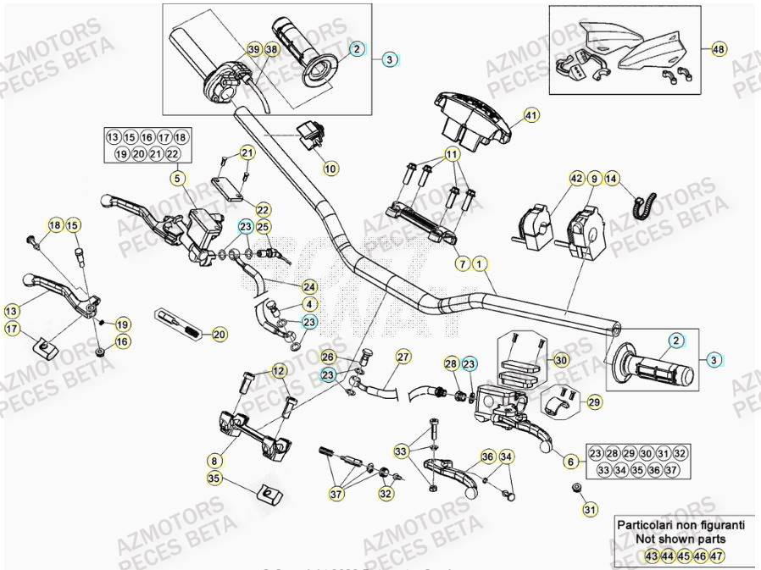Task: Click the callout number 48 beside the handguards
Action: click(719, 48)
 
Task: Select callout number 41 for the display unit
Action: click(531, 115)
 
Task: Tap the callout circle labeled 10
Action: click(331, 169)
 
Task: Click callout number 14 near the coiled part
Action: click(612, 179)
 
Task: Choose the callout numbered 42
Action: click(576, 179)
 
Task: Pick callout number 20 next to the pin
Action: click(219, 335)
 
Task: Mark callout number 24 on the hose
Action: click(309, 286)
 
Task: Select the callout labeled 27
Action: click(403, 356)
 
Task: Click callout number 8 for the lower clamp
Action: click(215, 460)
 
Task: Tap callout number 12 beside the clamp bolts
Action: click(279, 370)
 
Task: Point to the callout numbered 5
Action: click(177, 179)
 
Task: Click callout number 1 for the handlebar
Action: click(480, 264)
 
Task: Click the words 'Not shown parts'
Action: click(680, 538)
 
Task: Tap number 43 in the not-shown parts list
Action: click(651, 555)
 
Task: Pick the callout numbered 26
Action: click(328, 357)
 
